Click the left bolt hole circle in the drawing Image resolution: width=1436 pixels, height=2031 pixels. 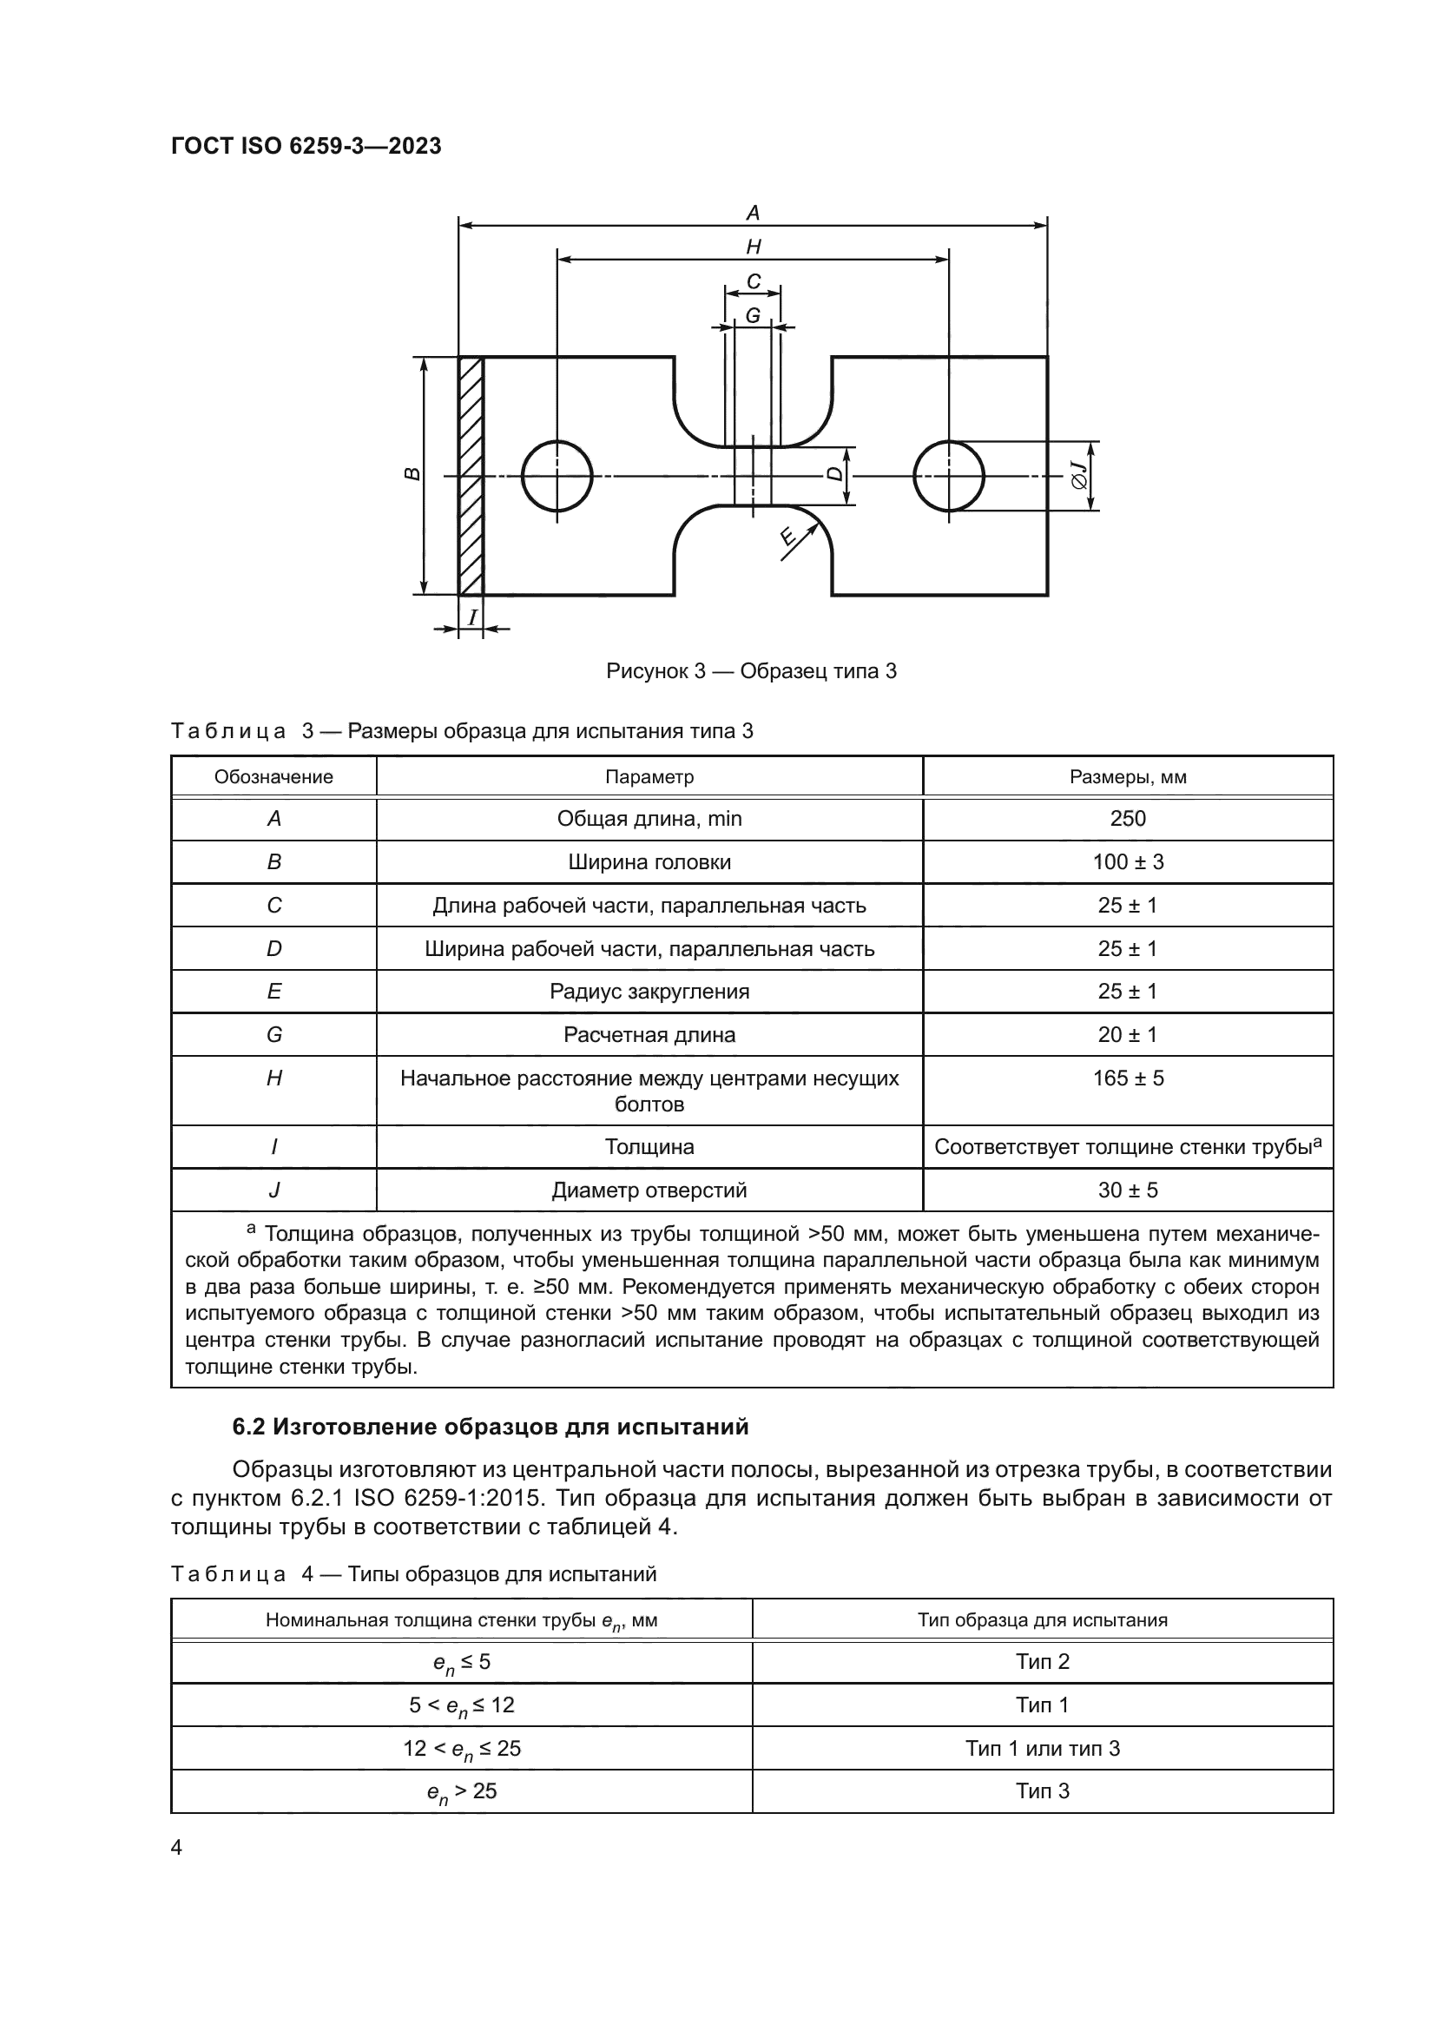557,476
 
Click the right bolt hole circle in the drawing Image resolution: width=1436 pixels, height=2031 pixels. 949,476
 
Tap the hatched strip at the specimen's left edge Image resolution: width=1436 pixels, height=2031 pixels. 471,476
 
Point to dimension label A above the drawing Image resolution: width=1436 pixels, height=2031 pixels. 754,214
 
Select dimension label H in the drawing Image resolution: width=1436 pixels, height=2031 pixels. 754,247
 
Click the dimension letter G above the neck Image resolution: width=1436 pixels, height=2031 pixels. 753,315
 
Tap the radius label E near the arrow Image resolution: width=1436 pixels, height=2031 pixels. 787,536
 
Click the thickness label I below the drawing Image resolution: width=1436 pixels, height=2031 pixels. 472,617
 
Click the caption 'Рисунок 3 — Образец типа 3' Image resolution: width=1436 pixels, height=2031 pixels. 751,671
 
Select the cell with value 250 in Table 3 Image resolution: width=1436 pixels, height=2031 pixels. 1128,818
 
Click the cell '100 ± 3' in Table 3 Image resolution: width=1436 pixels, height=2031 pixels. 1128,861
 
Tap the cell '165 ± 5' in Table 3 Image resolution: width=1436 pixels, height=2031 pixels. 1128,1078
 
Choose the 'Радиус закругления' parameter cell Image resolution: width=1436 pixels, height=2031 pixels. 649,992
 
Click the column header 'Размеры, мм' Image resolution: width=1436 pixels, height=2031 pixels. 1128,776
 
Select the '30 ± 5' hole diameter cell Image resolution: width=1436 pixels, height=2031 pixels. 1128,1190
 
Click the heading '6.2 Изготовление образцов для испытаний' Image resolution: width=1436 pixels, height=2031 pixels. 490,1427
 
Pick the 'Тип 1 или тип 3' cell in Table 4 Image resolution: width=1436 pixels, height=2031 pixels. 1042,1748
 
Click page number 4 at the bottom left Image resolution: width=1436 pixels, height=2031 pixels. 177,1848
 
